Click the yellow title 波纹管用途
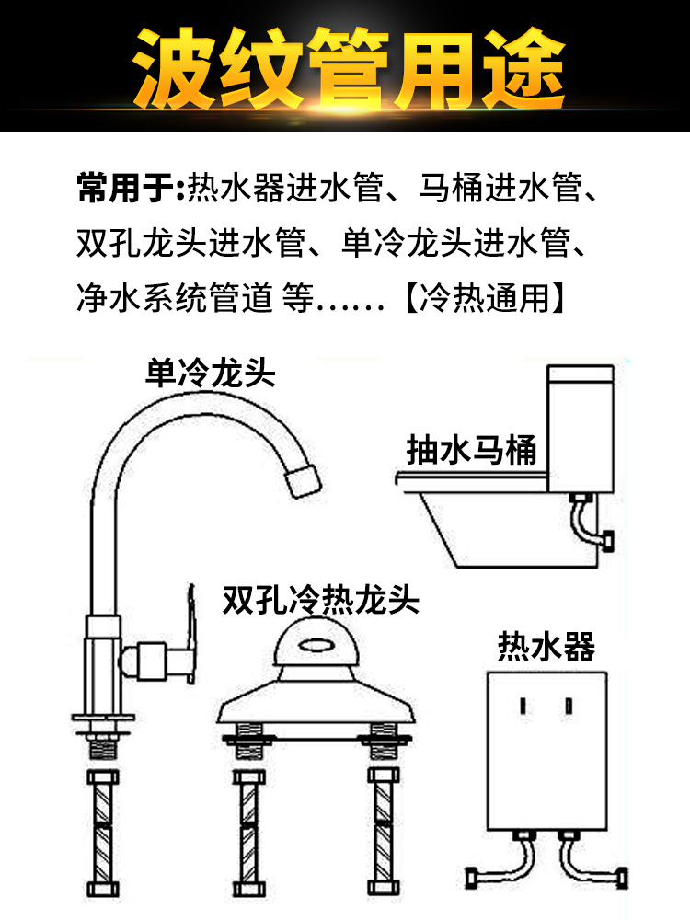click(348, 69)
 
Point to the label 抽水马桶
click(471, 450)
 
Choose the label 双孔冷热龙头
click(320, 600)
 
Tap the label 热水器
click(546, 646)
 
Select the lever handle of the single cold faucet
click(190, 633)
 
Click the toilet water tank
click(581, 429)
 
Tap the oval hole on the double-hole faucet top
click(316, 646)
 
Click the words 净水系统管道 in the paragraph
click(175, 298)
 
